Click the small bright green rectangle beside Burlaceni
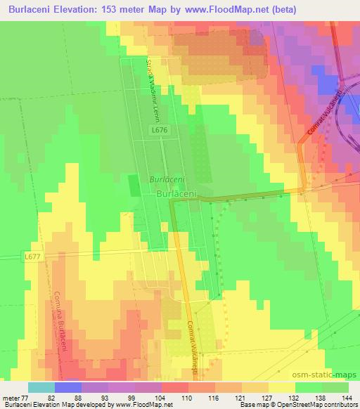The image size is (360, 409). tap(134, 186)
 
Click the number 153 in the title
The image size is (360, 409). tap(115, 10)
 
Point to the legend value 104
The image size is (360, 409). tap(148, 397)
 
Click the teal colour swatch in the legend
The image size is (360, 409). tap(41, 387)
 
